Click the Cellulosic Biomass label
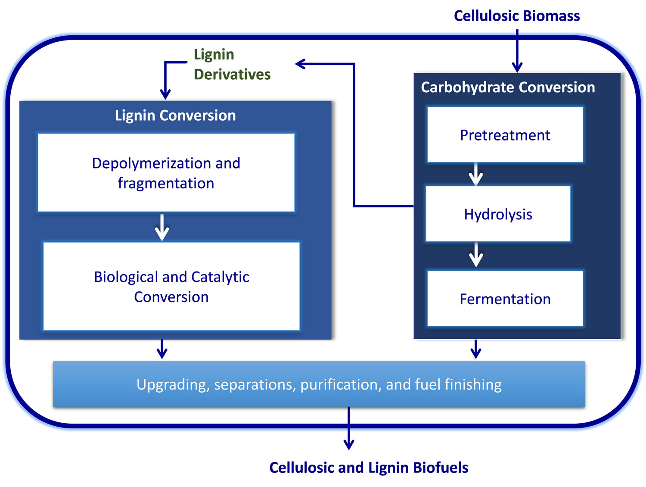[x=517, y=16]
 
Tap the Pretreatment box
[x=505, y=135]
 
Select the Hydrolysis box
[x=498, y=214]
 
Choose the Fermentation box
[x=505, y=299]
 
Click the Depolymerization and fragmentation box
[x=166, y=173]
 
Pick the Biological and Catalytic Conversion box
[x=171, y=287]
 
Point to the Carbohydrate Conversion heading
[x=508, y=87]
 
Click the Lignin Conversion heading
[x=175, y=116]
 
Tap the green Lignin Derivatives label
[x=232, y=64]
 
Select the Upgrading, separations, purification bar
[x=319, y=384]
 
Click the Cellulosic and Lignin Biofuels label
[x=369, y=468]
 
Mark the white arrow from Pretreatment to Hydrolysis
[x=476, y=175]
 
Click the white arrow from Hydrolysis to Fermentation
[x=476, y=255]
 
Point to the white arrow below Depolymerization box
[x=162, y=227]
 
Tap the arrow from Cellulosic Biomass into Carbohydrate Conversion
[x=517, y=52]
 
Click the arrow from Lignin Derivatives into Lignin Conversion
[x=165, y=82]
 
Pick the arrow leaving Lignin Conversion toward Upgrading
[x=162, y=349]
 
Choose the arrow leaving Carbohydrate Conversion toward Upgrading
[x=476, y=349]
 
